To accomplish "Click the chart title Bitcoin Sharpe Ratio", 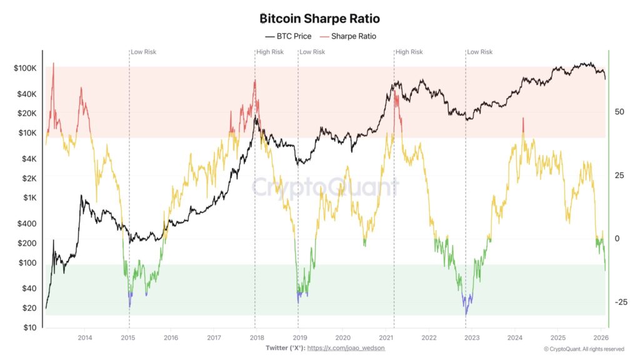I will pyautogui.click(x=319, y=19).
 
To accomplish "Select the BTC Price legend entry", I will pyautogui.click(x=288, y=36).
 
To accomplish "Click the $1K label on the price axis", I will pyautogui.click(x=29, y=197).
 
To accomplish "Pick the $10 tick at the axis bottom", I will pyautogui.click(x=30, y=327).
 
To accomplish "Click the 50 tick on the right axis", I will pyautogui.click(x=620, y=112).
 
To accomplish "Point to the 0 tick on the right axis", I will pyautogui.click(x=617, y=239).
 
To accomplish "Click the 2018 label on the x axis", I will pyautogui.click(x=256, y=338).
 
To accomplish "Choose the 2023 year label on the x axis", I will pyautogui.click(x=472, y=338).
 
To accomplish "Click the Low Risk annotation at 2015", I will pyautogui.click(x=144, y=52).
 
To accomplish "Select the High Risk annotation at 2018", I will pyautogui.click(x=270, y=52).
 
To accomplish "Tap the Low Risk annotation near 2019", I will pyautogui.click(x=312, y=52).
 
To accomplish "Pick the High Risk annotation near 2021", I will pyautogui.click(x=409, y=52).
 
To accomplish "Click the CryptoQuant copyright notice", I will pyautogui.click(x=584, y=349).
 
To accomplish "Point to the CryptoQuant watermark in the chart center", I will pyautogui.click(x=324, y=187).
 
